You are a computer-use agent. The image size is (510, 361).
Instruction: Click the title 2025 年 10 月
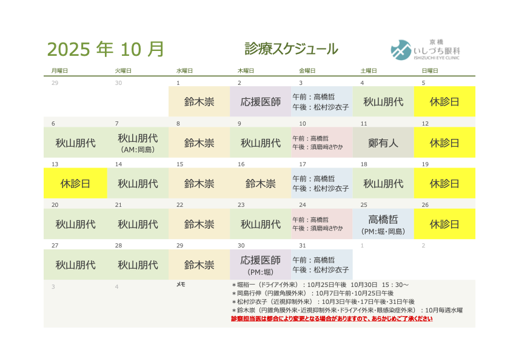pyautogui.click(x=106, y=49)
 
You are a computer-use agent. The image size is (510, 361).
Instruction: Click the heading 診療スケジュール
pyautogui.click(x=292, y=49)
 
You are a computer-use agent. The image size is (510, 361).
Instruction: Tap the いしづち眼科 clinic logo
pyautogui.click(x=425, y=50)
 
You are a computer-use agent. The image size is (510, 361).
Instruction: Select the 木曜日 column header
pyautogui.click(x=246, y=70)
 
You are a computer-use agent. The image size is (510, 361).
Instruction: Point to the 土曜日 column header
pyautogui.click(x=369, y=70)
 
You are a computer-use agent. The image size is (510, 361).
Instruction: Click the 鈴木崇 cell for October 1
pyautogui.click(x=199, y=101)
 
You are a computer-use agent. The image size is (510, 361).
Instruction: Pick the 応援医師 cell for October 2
pyautogui.click(x=261, y=101)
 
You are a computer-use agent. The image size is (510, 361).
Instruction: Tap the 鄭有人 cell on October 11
pyautogui.click(x=383, y=143)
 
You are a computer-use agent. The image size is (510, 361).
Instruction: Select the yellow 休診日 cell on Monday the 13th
pyautogui.click(x=75, y=183)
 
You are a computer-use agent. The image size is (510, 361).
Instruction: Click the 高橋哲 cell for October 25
pyautogui.click(x=383, y=224)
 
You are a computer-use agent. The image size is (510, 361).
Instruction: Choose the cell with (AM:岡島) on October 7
pyautogui.click(x=138, y=143)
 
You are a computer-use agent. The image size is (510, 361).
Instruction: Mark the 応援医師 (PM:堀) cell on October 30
pyautogui.click(x=261, y=265)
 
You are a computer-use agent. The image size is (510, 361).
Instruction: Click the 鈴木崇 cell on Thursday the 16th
pyautogui.click(x=261, y=183)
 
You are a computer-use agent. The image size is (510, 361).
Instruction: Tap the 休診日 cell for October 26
pyautogui.click(x=445, y=224)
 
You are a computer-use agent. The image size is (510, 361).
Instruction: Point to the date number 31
pyautogui.click(x=303, y=246)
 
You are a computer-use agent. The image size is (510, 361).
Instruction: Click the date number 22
pyautogui.click(x=180, y=204)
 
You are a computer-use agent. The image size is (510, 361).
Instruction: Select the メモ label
pyautogui.click(x=181, y=285)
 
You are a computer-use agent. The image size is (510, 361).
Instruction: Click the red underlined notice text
pyautogui.click(x=332, y=319)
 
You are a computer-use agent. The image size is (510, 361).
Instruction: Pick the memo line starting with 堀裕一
pyautogui.click(x=320, y=285)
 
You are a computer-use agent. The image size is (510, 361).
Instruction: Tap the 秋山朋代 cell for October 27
pyautogui.click(x=75, y=265)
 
